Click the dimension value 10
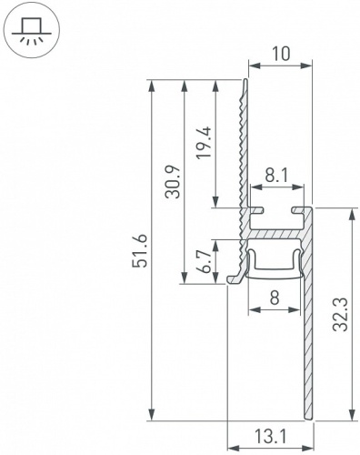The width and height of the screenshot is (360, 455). pyautogui.click(x=280, y=54)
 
